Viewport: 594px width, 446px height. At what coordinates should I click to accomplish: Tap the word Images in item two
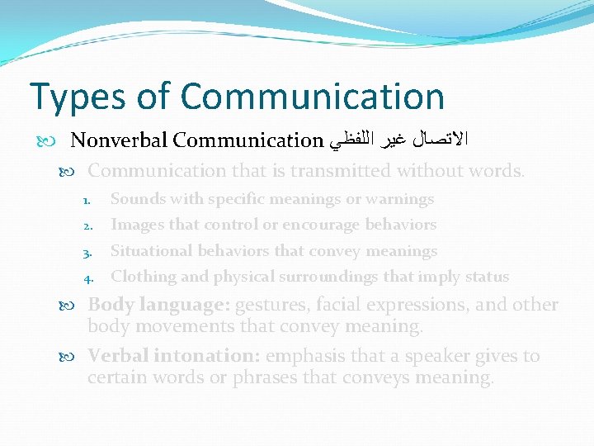pyautogui.click(x=135, y=225)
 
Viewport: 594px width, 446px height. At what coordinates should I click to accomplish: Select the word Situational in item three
pyautogui.click(x=149, y=251)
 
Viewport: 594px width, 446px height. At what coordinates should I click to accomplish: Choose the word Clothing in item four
pyautogui.click(x=143, y=277)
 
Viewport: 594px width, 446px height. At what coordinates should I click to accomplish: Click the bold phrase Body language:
pyautogui.click(x=158, y=305)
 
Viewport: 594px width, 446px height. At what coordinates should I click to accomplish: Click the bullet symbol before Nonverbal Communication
pyautogui.click(x=59, y=140)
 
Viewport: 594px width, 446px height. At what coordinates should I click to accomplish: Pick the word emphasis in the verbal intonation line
pyautogui.click(x=303, y=356)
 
